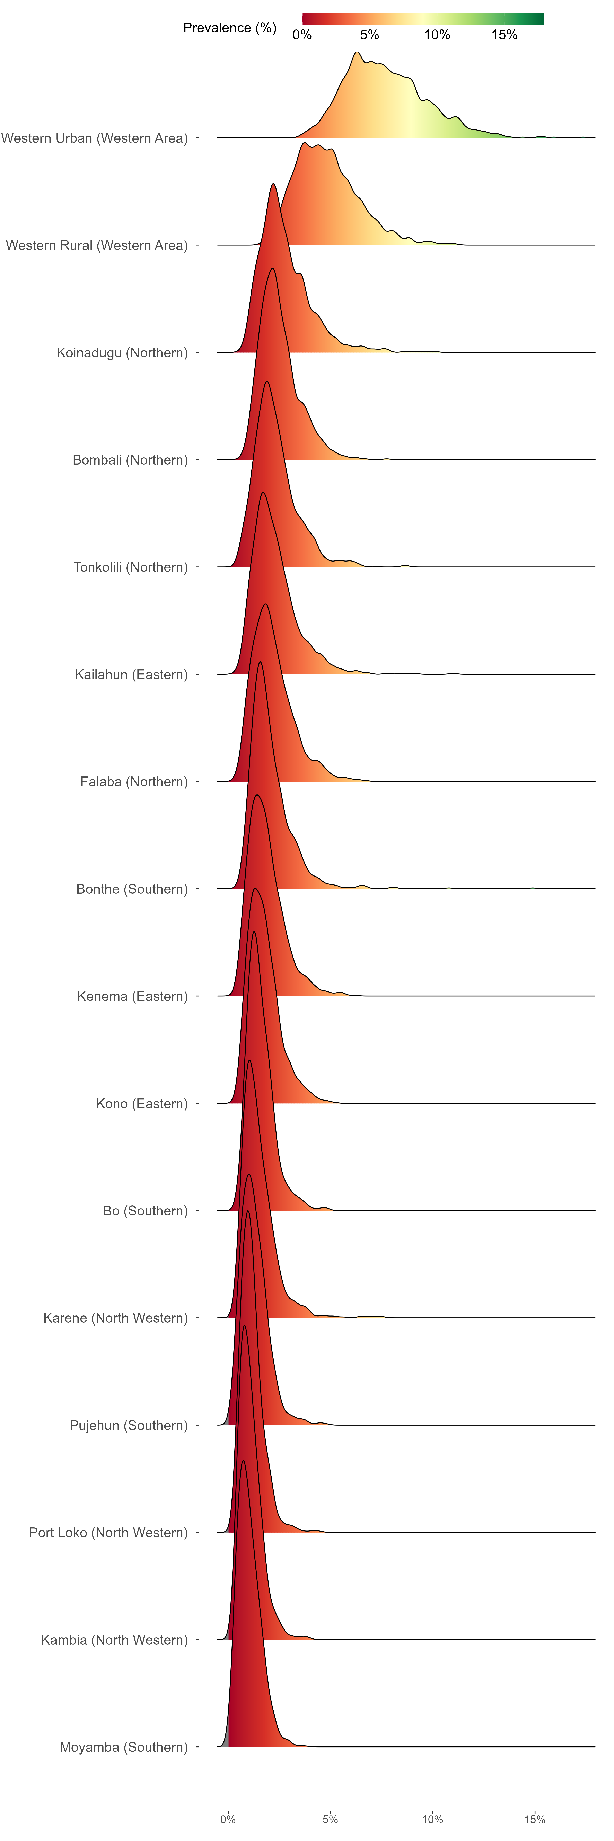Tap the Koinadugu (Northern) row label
click(122, 352)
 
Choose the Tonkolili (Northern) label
click(131, 567)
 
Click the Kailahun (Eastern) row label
click(132, 674)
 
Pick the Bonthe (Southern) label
click(132, 888)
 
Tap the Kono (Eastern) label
click(142, 1103)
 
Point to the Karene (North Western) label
click(116, 1317)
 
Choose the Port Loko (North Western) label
click(109, 1532)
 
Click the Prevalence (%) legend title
click(229, 28)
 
